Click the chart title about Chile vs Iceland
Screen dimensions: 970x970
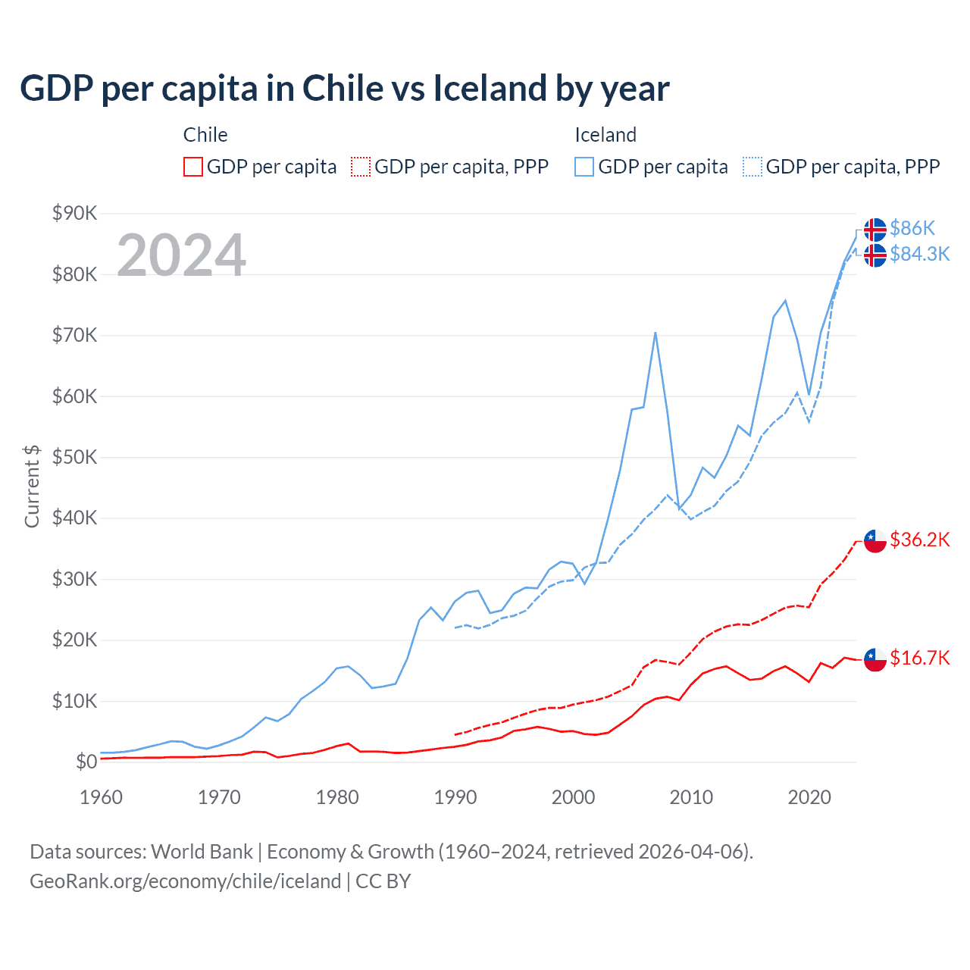point(344,89)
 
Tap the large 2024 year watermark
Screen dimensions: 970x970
point(181,255)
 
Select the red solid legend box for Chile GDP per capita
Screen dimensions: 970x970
point(193,167)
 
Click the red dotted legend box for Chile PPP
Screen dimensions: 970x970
point(361,167)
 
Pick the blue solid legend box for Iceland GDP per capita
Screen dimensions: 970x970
point(584,167)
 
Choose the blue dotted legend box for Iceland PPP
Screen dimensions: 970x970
point(753,167)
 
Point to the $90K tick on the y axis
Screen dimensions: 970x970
point(74,213)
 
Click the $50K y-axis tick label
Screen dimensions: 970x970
point(74,457)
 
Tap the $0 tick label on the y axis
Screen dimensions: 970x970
point(86,762)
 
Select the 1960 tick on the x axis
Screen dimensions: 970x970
point(101,797)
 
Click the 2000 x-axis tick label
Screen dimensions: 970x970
point(573,797)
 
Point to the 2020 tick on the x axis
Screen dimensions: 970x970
point(809,797)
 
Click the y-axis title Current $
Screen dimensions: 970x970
point(32,487)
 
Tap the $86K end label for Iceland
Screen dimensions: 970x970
point(912,228)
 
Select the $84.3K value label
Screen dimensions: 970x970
point(919,254)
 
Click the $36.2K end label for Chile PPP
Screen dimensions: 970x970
point(919,540)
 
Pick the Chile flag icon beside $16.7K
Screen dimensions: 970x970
point(875,659)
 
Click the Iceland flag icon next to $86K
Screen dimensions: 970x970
point(875,229)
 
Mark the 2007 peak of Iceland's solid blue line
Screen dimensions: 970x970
point(655,333)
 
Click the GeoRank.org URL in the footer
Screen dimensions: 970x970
point(185,881)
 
